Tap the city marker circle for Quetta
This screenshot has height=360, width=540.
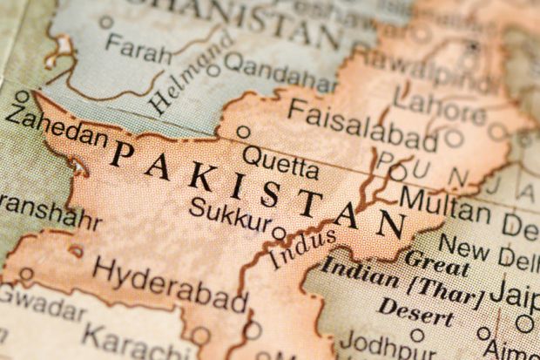[244, 132]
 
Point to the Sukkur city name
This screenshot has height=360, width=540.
[231, 214]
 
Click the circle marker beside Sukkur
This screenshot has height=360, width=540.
[279, 234]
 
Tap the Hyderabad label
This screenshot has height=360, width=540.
[170, 283]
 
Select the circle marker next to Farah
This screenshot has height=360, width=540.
[106, 22]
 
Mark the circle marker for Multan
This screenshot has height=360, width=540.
[398, 173]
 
